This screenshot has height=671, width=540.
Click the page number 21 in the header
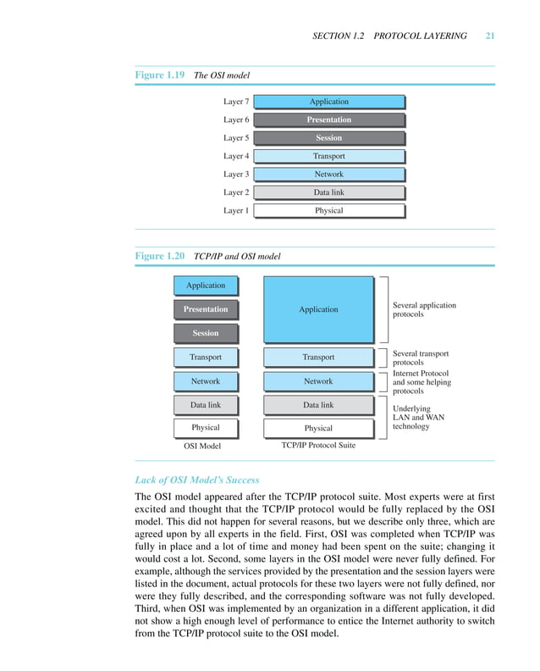pyautogui.click(x=490, y=36)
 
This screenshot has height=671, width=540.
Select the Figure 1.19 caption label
pyautogui.click(x=160, y=75)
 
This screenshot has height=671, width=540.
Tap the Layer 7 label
pyautogui.click(x=236, y=102)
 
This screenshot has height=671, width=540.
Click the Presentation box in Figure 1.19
pyautogui.click(x=328, y=119)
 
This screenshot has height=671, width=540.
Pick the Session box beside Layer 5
pyautogui.click(x=328, y=138)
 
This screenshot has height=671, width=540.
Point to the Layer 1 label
pyautogui.click(x=236, y=210)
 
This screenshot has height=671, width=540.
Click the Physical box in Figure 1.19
pyautogui.click(x=328, y=210)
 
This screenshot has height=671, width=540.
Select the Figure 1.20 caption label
pyautogui.click(x=160, y=255)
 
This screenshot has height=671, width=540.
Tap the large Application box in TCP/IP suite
pyautogui.click(x=318, y=309)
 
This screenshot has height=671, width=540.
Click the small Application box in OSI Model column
pyautogui.click(x=206, y=286)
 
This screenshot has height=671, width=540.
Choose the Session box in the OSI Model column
pyautogui.click(x=206, y=333)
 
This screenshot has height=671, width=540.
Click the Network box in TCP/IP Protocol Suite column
pyautogui.click(x=318, y=381)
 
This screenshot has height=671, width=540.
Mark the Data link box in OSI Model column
pyautogui.click(x=206, y=405)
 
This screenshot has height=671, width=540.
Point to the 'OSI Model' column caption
pyautogui.click(x=203, y=445)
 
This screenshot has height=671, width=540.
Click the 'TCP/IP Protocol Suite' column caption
pyautogui.click(x=318, y=445)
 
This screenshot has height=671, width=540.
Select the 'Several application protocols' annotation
pyautogui.click(x=424, y=309)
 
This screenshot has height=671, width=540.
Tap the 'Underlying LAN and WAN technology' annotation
pyautogui.click(x=418, y=417)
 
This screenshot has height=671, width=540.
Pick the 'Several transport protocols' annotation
pyautogui.click(x=421, y=358)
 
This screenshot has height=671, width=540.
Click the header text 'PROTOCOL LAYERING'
pyautogui.click(x=421, y=36)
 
